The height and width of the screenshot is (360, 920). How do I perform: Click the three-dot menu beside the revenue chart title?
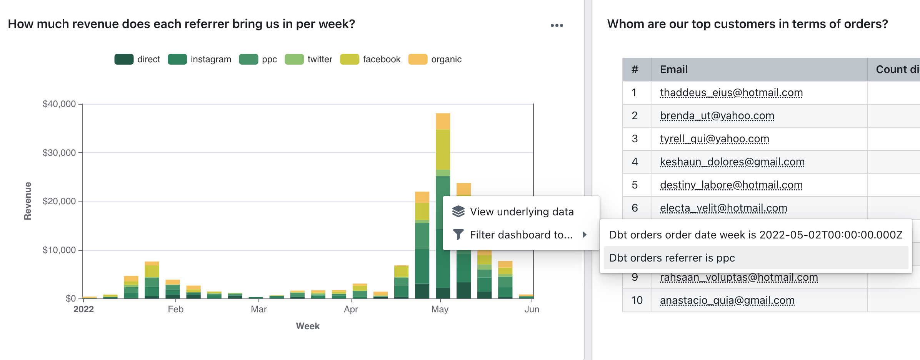tap(557, 25)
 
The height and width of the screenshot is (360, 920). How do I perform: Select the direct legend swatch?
tap(124, 59)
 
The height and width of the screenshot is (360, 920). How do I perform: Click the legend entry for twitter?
tap(319, 59)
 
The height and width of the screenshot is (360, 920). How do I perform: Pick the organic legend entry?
tap(446, 59)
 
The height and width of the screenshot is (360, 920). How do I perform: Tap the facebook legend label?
tap(381, 59)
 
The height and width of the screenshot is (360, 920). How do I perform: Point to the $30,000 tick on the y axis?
tap(59, 153)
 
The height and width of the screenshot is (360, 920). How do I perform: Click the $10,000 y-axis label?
tap(59, 250)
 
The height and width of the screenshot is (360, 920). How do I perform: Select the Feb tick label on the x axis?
tap(175, 309)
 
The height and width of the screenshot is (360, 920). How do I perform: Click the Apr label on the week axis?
tap(351, 309)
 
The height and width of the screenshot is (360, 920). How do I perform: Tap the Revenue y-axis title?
tap(28, 201)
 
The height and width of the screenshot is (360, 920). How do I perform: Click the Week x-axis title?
tap(308, 326)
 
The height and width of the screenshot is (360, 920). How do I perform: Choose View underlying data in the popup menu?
tap(521, 212)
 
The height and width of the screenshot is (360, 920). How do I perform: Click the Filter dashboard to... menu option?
tap(521, 235)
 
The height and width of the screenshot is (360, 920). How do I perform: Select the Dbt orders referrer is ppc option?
tap(672, 258)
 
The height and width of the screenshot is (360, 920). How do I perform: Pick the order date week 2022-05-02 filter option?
tap(755, 235)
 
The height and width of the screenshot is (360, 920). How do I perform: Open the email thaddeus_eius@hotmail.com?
tap(731, 93)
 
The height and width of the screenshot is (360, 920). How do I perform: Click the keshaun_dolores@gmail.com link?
tap(732, 162)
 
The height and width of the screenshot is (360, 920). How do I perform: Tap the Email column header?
tap(674, 70)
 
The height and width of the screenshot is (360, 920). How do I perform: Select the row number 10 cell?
tap(637, 300)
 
